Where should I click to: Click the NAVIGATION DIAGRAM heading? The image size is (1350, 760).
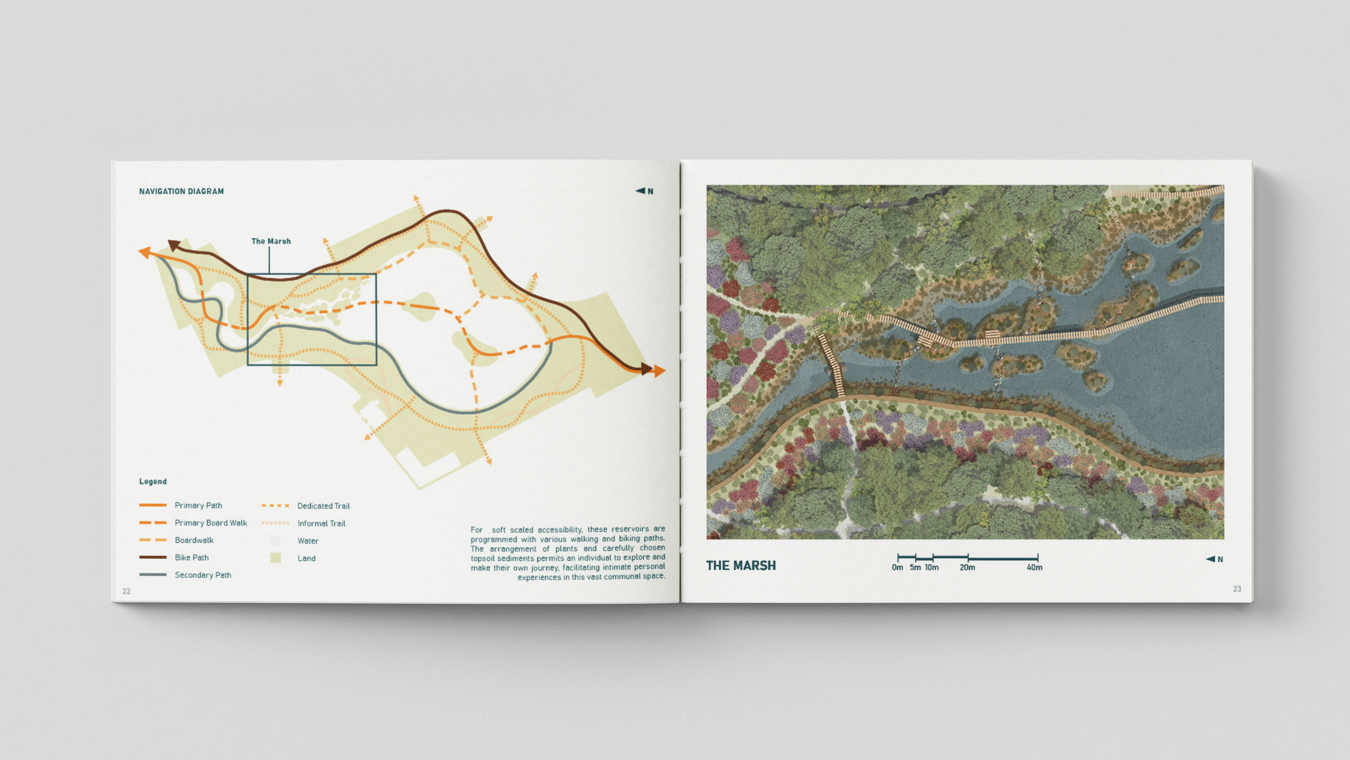click(x=181, y=191)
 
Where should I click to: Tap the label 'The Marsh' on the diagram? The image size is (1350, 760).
click(x=271, y=241)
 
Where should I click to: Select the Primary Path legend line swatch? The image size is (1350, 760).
click(x=153, y=505)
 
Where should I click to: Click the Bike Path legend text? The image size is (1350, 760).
click(x=191, y=557)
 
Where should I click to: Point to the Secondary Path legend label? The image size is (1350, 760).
click(x=203, y=575)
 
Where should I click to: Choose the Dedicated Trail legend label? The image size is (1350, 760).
click(x=323, y=506)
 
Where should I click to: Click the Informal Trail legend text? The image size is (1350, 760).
click(x=321, y=523)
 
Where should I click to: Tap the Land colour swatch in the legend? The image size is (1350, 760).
click(x=275, y=558)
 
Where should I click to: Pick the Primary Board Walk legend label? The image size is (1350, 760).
click(x=211, y=522)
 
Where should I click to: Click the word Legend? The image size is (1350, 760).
click(x=153, y=481)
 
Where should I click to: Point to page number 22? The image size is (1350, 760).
click(x=126, y=591)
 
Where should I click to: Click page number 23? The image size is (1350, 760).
click(x=1237, y=589)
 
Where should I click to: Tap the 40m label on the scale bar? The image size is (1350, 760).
click(x=1035, y=567)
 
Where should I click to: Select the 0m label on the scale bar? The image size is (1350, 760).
click(x=897, y=567)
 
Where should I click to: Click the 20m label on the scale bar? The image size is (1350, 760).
click(x=967, y=567)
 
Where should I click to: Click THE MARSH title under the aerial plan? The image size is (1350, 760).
click(x=740, y=566)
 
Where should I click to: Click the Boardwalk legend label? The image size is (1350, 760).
click(x=194, y=540)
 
